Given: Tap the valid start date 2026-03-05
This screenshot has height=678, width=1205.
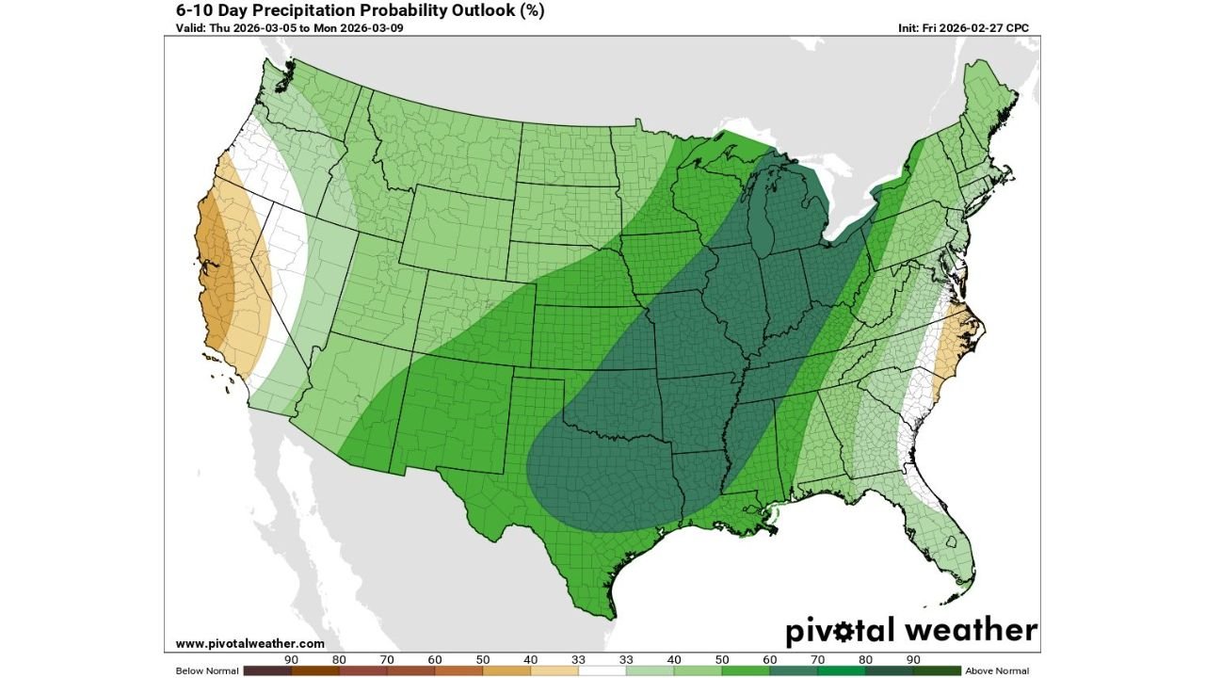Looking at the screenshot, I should coord(266,27).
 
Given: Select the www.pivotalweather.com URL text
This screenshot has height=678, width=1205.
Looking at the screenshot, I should coord(249,644).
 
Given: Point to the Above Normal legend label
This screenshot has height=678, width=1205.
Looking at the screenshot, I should coord(997,670).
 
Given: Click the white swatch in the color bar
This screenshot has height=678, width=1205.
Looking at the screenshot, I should coord(602,670).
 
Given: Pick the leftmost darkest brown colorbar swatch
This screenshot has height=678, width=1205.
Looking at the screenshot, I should coord(266,670).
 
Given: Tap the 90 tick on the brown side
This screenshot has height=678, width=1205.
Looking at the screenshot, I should coord(291,660).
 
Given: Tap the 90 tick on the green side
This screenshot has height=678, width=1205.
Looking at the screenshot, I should coord(912,660).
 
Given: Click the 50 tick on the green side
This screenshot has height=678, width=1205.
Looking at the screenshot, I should coord(721,660).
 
